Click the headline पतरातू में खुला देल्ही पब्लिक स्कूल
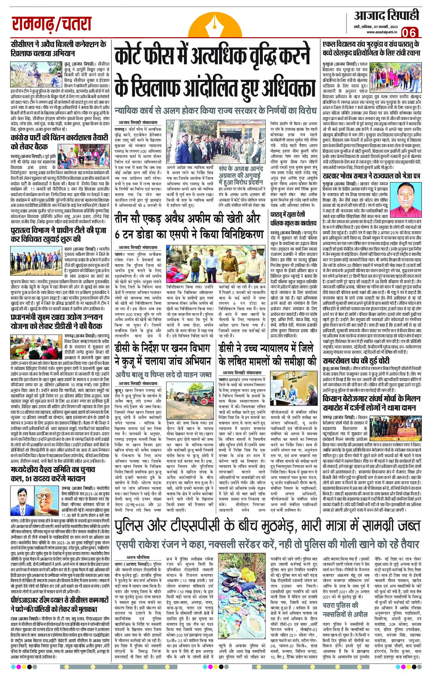293,219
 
